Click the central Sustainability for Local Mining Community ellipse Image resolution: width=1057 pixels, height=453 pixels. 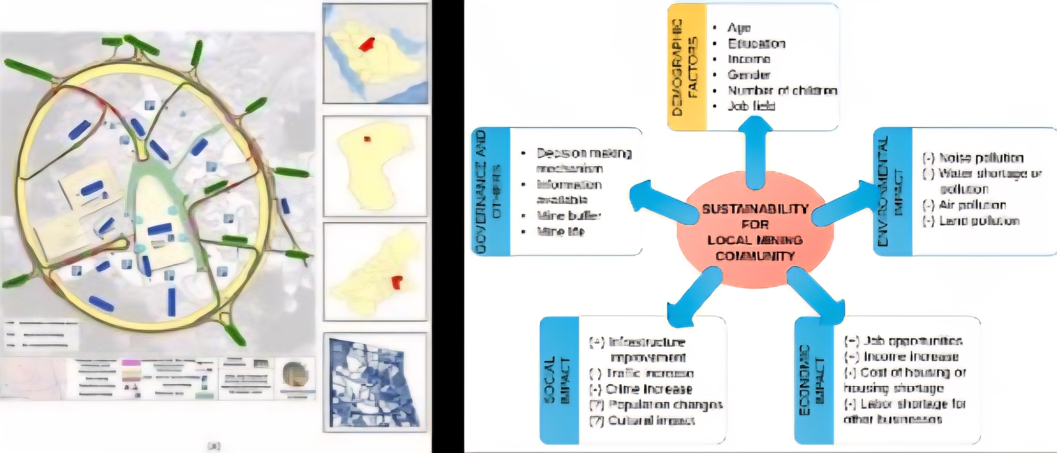pos(755,232)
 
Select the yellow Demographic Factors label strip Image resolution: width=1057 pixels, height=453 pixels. pos(687,67)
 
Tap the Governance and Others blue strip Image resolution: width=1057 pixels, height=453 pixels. pos(491,192)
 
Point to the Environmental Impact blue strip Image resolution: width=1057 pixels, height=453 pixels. pos(892,192)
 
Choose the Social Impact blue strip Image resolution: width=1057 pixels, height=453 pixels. pos(559,380)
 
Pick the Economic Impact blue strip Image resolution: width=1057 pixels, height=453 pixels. pos(813,380)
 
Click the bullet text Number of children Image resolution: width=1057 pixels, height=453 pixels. pos(782,90)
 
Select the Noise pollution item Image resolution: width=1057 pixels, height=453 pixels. pos(981,158)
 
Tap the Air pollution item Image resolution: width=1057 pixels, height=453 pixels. pos(972,205)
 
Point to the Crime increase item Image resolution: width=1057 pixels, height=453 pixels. pos(648,389)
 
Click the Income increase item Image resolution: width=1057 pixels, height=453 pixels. pos(910,356)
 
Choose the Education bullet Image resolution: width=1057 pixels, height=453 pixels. pos(756,44)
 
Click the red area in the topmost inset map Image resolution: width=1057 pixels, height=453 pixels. pos(366,44)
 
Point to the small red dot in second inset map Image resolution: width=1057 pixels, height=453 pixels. pos(367,139)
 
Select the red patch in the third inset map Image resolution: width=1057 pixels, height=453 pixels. pos(397,282)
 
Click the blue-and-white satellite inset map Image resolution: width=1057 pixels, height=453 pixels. pos(375,382)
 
